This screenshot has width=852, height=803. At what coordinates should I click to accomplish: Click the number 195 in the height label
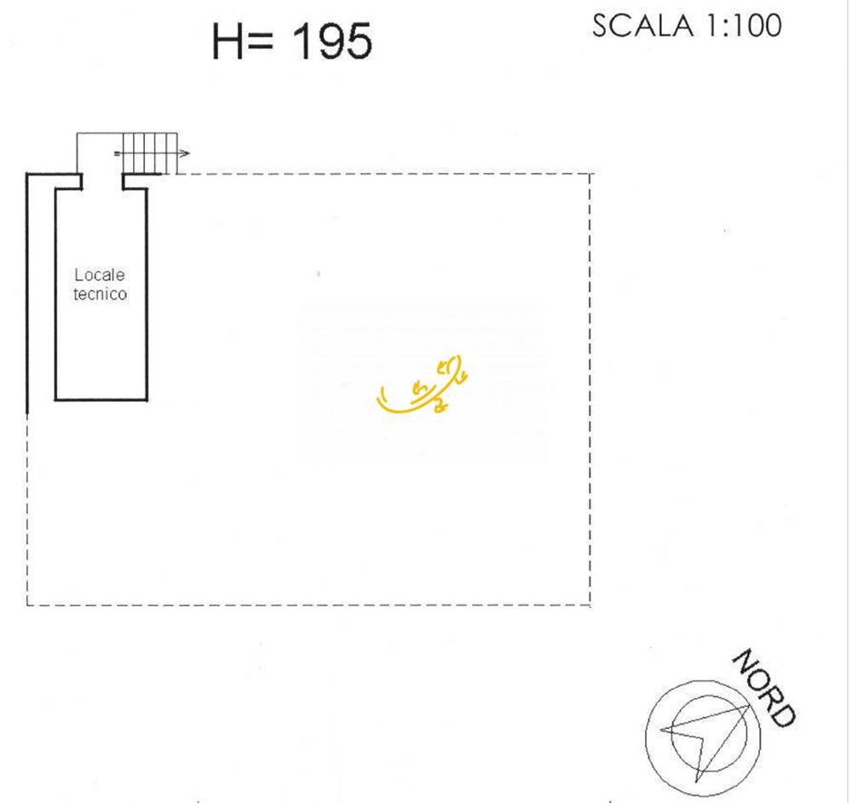[x=332, y=41]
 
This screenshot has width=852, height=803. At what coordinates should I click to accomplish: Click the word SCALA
[x=642, y=26]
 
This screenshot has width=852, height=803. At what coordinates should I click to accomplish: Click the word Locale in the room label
[x=100, y=275]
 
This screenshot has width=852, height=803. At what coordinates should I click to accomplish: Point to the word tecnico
[x=100, y=294]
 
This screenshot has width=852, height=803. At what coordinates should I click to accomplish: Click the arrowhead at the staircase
[x=184, y=153]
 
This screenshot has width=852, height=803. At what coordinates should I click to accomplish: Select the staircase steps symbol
[x=150, y=153]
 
